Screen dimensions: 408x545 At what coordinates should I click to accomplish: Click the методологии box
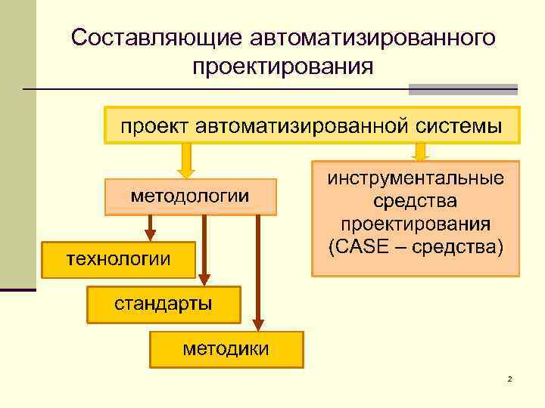pos(190,196)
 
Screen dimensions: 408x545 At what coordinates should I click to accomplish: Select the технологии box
pos(119,259)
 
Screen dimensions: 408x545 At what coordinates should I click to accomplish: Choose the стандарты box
pos(163,304)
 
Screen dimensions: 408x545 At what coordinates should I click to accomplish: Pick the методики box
pos(226,348)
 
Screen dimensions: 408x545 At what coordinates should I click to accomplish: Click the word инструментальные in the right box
pos(416,180)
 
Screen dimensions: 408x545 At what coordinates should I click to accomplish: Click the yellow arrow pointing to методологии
pos(184,161)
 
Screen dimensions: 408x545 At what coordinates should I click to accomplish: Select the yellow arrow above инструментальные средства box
pos(421,153)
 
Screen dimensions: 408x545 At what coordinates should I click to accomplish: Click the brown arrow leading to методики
pos(258,272)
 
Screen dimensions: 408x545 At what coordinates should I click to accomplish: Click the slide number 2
pos(509,378)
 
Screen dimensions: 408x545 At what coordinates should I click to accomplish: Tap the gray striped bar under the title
pos(462,89)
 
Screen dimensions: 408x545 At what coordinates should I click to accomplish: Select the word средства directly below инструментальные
pos(416,202)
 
